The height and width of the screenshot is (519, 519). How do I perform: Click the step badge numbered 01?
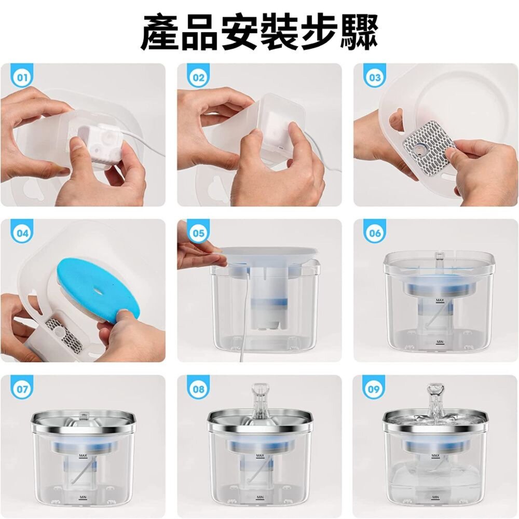[22, 78]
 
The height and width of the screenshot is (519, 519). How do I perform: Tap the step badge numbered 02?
[198, 78]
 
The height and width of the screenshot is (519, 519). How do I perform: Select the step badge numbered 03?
[375, 78]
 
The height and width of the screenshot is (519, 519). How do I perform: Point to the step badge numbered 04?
[22, 233]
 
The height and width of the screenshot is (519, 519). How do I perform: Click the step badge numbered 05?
[198, 233]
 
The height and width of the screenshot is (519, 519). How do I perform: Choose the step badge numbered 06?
[375, 233]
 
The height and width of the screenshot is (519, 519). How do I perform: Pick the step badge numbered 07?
[22, 389]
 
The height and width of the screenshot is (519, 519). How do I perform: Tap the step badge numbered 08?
[198, 389]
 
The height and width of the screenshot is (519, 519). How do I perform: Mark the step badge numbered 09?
[375, 389]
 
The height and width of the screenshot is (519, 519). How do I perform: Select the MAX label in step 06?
[440, 301]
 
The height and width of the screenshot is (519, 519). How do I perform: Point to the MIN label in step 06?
[439, 342]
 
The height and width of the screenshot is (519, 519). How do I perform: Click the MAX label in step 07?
[83, 455]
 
